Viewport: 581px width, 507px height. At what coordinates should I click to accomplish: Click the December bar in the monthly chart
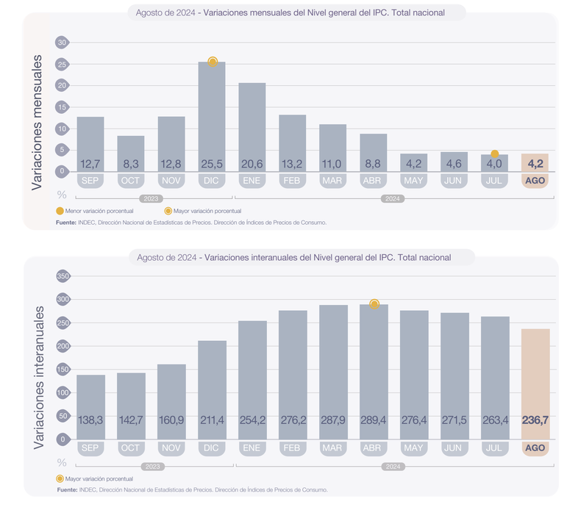tap(212, 117)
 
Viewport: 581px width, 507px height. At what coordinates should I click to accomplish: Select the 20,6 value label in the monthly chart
tap(252, 164)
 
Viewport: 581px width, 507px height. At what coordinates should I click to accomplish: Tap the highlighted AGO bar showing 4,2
tap(535, 163)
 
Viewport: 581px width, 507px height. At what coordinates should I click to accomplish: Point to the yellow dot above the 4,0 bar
tap(494, 154)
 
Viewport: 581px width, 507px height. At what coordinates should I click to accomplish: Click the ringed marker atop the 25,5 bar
tap(213, 62)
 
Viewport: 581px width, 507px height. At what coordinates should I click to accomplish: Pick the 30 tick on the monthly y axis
tap(62, 43)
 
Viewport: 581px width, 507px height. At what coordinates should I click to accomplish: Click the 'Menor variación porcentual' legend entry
tap(95, 211)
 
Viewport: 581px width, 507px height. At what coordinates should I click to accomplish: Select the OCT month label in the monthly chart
tap(130, 181)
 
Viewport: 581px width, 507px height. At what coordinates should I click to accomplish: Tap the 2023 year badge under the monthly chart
tap(152, 198)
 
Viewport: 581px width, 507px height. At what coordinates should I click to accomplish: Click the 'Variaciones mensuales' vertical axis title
tap(37, 123)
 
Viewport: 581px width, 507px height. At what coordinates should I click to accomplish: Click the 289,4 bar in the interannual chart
tap(374, 372)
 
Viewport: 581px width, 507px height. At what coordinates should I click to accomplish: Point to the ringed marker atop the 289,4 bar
tap(374, 304)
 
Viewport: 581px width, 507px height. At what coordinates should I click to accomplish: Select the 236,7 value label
tap(535, 420)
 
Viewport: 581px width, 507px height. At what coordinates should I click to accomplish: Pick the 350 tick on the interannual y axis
tap(63, 276)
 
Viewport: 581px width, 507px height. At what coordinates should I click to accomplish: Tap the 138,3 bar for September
tap(90, 407)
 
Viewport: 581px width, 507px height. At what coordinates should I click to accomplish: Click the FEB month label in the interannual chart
tap(292, 447)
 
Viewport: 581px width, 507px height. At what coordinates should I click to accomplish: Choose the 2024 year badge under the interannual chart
tap(393, 467)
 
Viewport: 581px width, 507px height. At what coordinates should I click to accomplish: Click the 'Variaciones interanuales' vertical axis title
tap(38, 378)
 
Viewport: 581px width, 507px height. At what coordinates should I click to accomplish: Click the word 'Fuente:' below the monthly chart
tap(66, 223)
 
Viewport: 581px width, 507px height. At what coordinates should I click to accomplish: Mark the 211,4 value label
tap(212, 420)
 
